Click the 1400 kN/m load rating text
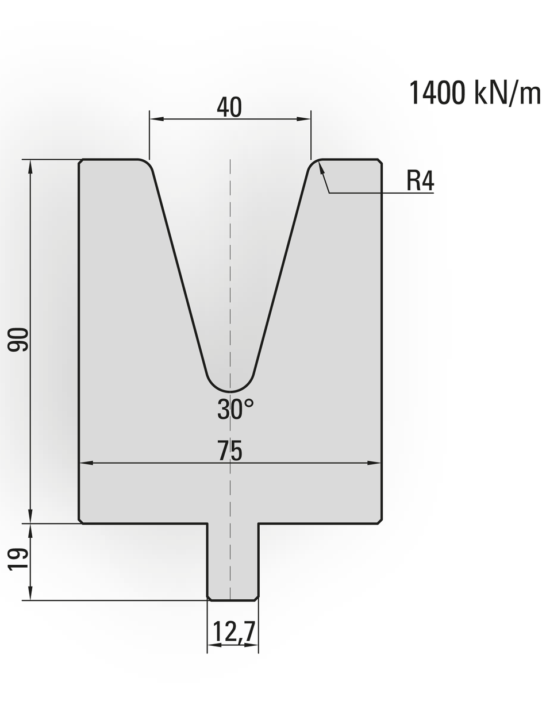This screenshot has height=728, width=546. [x=475, y=93]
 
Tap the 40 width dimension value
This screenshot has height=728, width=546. [x=229, y=107]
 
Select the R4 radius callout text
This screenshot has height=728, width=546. [x=420, y=181]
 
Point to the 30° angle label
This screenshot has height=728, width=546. [x=235, y=409]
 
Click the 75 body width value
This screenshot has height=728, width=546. [x=230, y=450]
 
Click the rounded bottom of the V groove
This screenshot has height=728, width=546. [x=231, y=391]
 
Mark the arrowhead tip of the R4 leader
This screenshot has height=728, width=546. [x=320, y=163]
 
